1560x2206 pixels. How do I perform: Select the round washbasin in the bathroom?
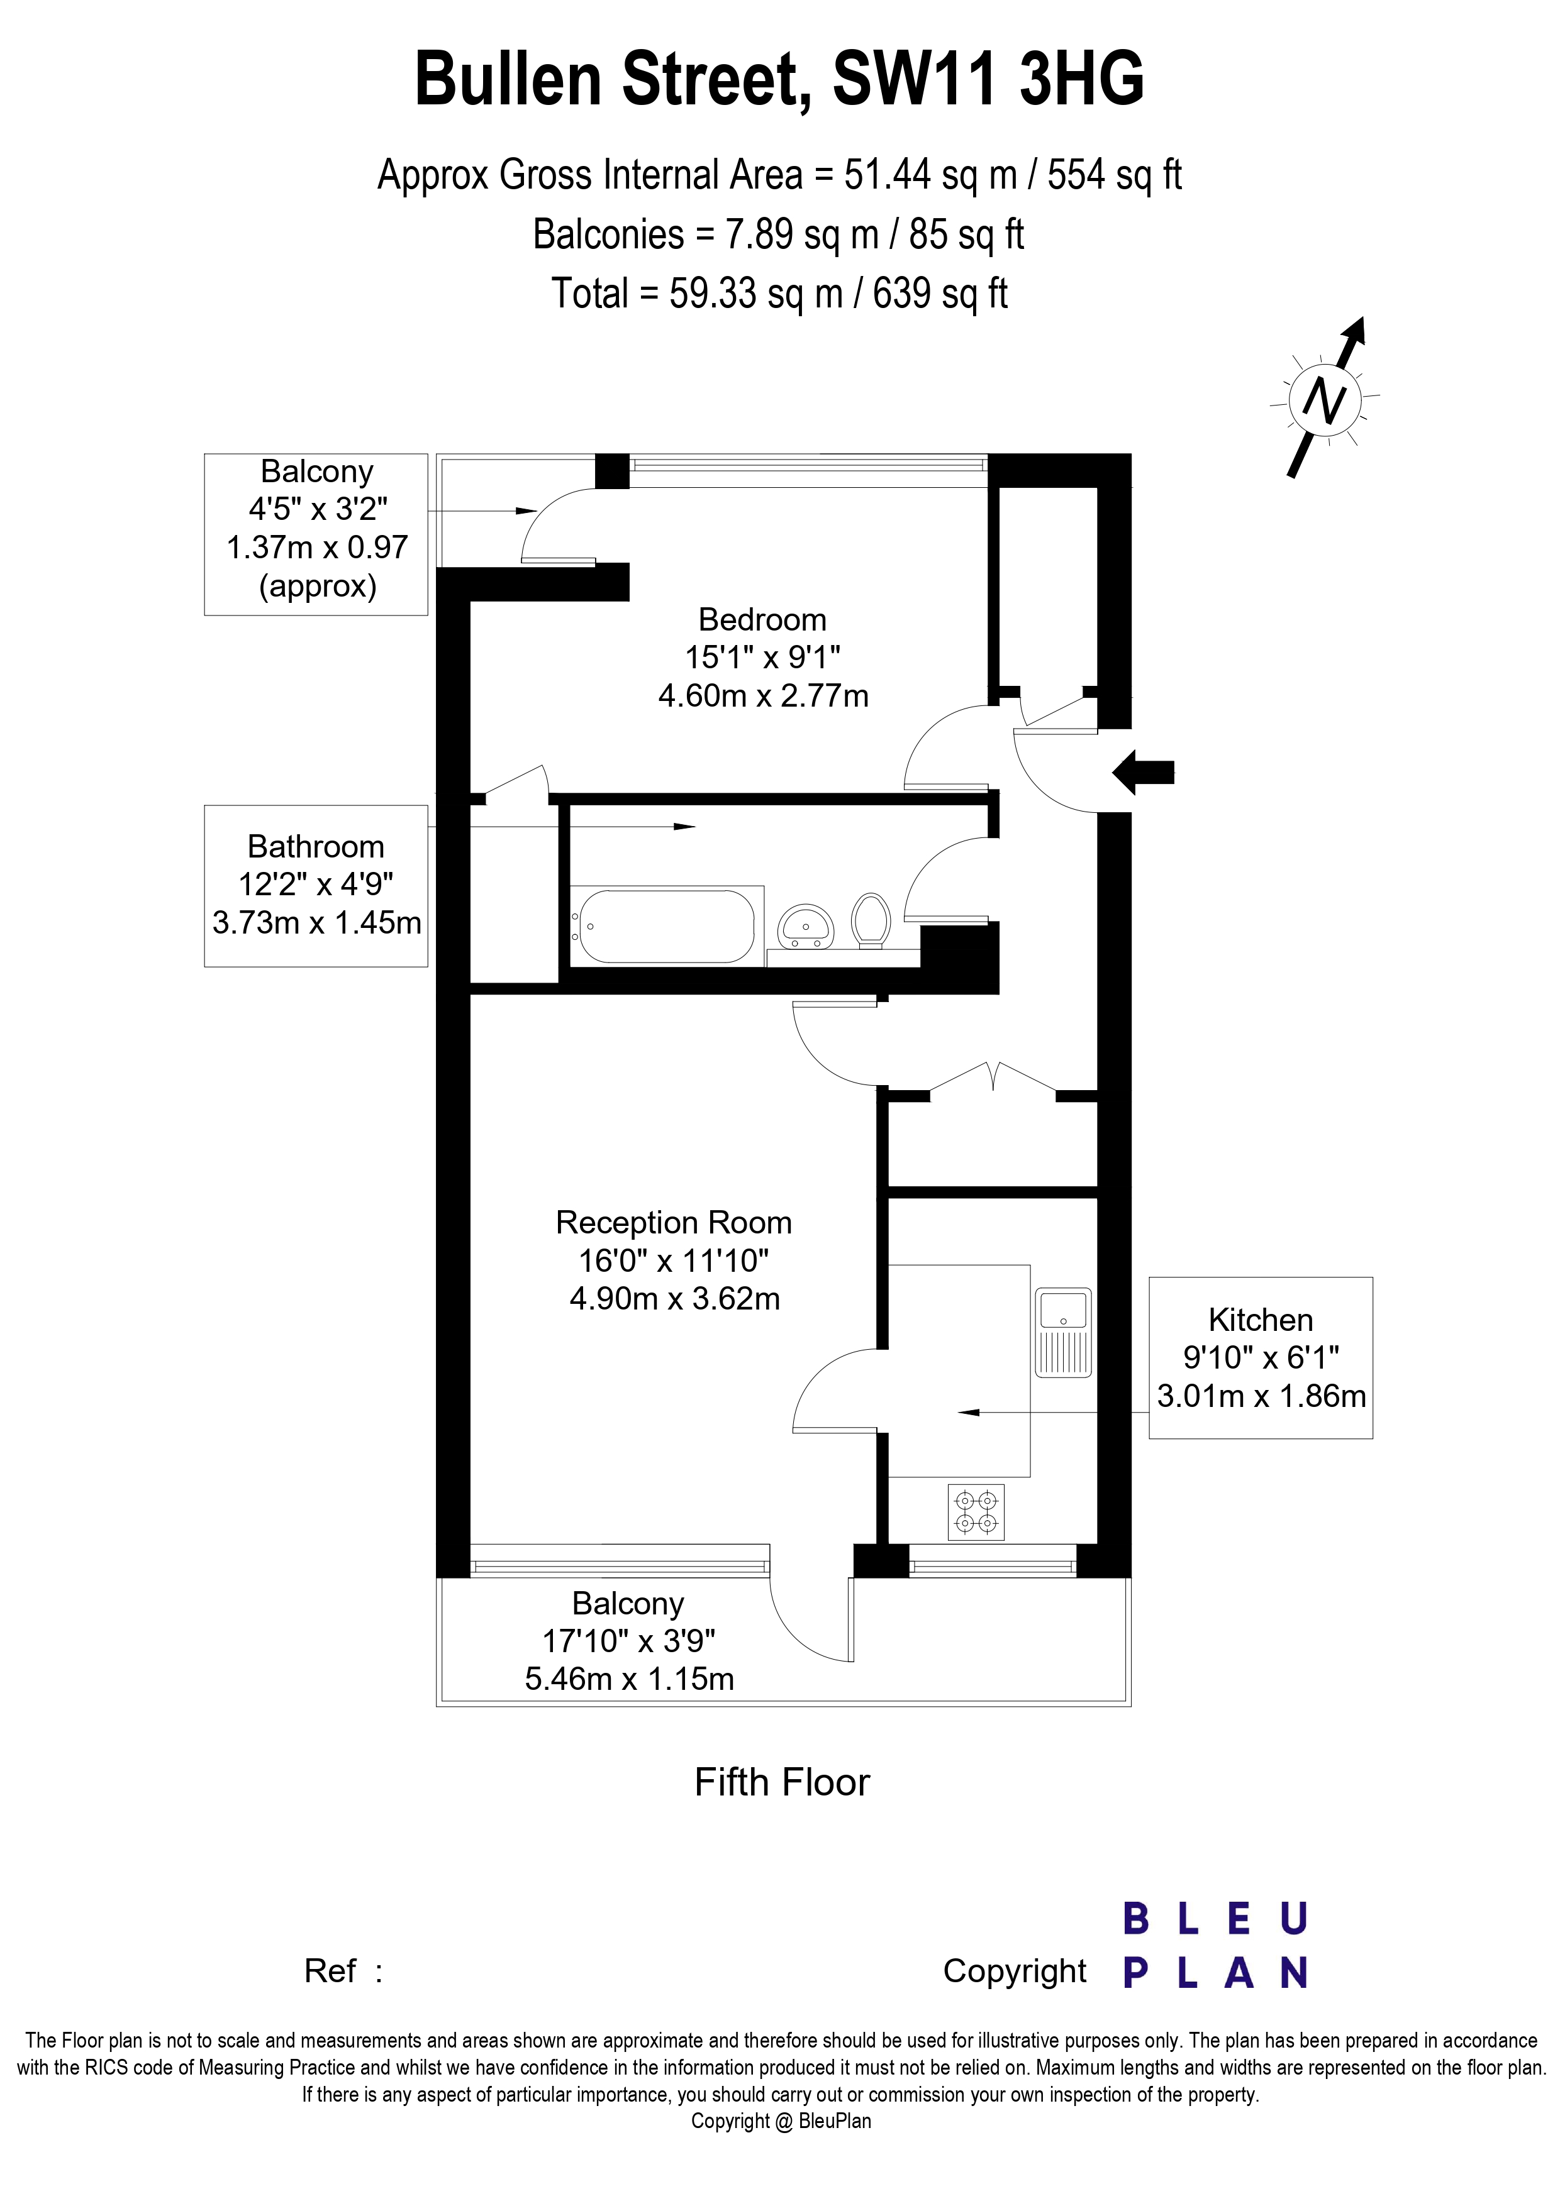(805, 926)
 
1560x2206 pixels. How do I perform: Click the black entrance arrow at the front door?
(1143, 771)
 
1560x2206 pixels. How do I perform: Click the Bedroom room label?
(762, 620)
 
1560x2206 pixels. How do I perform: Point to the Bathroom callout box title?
(315, 846)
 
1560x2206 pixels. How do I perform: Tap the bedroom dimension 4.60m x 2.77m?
(763, 695)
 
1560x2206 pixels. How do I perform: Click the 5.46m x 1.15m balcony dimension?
(630, 1679)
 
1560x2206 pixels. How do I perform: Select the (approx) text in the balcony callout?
(317, 585)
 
